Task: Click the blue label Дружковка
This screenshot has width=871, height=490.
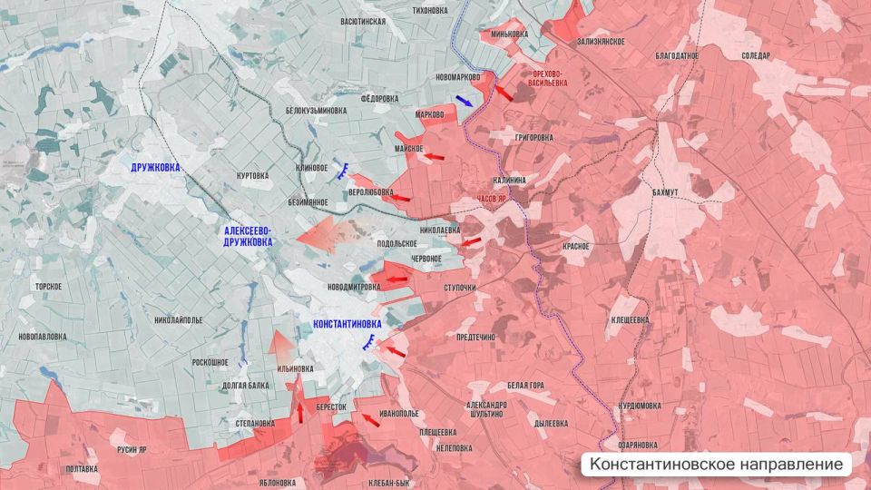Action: [x=155, y=168]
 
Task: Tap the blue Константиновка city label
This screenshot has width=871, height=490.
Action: [x=347, y=324]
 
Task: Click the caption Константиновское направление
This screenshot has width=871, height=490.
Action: [x=716, y=465]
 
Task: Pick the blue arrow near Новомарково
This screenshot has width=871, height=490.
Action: [x=464, y=101]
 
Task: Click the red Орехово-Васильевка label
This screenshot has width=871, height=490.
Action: [x=548, y=77]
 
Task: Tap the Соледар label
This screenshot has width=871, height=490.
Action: [x=755, y=56]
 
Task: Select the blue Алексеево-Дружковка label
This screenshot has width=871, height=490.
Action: [x=247, y=237]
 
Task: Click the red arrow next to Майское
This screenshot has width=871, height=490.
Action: [x=436, y=157]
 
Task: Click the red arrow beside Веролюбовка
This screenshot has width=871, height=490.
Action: [x=399, y=198]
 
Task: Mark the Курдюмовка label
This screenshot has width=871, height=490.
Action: [x=644, y=406]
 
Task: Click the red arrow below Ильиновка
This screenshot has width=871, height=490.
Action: [x=299, y=411]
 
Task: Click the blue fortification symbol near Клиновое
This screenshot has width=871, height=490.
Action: [x=344, y=169]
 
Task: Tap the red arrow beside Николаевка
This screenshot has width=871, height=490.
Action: [x=471, y=241]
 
